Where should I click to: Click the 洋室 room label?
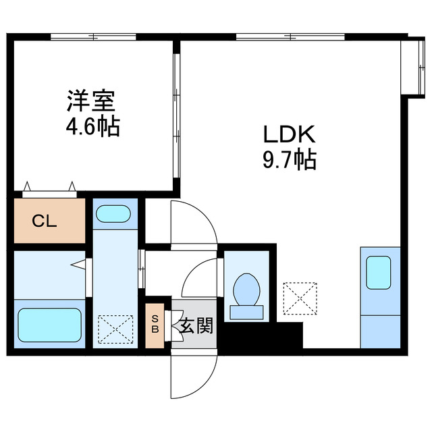click(x=90, y=103)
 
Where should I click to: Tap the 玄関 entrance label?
click(x=196, y=327)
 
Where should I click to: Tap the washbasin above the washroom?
click(x=115, y=214)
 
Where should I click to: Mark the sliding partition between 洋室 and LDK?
click(x=176, y=115)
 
